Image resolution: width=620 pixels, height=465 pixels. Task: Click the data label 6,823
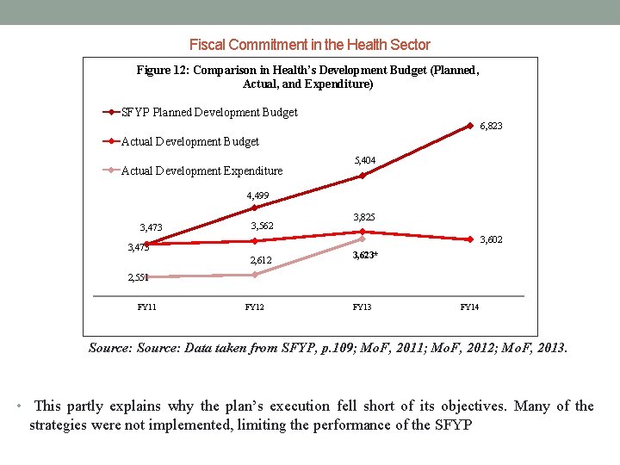tap(491, 126)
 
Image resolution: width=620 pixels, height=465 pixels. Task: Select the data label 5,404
tap(365, 160)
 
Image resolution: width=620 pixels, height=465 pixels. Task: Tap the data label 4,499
tap(257, 195)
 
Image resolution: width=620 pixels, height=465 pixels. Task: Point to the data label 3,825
tap(364, 217)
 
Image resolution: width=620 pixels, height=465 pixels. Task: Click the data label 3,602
tap(491, 239)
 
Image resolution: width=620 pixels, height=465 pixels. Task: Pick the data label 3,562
tap(262, 226)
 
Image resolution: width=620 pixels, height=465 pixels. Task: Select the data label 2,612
tap(260, 260)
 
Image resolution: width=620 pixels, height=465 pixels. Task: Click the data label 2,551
tap(139, 277)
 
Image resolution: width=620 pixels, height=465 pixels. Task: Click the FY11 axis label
tap(147, 307)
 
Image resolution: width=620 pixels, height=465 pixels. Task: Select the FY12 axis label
tap(255, 307)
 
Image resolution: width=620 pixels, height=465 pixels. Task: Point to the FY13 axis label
tap(363, 307)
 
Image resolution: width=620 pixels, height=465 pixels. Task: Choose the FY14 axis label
tap(469, 307)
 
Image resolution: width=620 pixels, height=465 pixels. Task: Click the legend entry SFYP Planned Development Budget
tap(209, 112)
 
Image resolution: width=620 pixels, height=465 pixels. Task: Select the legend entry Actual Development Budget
tap(190, 141)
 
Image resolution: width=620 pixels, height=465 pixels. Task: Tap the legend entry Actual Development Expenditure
tap(201, 170)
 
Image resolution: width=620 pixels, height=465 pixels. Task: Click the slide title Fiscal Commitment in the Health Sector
tap(309, 45)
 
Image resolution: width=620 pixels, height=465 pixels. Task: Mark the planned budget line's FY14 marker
tap(470, 125)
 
